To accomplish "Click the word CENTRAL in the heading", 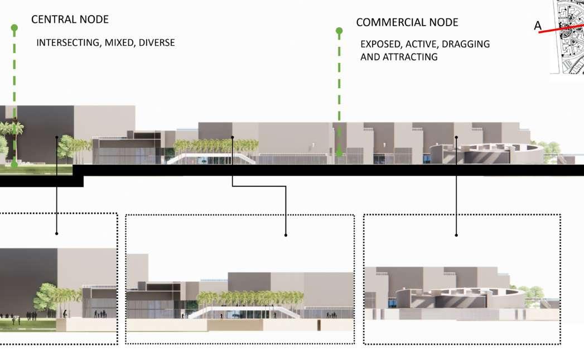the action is pyautogui.click(x=50, y=20).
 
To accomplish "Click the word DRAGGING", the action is pyautogui.click(x=466, y=44).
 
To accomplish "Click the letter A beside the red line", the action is pyautogui.click(x=538, y=26).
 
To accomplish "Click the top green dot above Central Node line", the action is pyautogui.click(x=15, y=27).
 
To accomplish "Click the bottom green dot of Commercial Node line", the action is pyautogui.click(x=339, y=152).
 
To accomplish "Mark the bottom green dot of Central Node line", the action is pyautogui.click(x=15, y=164).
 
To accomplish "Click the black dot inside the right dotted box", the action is pyautogui.click(x=456, y=235).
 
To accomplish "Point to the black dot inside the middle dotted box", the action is pyautogui.click(x=286, y=235).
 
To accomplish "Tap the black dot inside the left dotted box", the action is pyautogui.click(x=56, y=233).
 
